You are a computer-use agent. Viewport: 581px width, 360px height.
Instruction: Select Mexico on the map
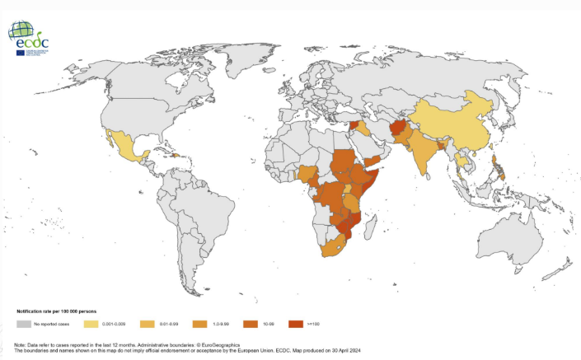point(129,152)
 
